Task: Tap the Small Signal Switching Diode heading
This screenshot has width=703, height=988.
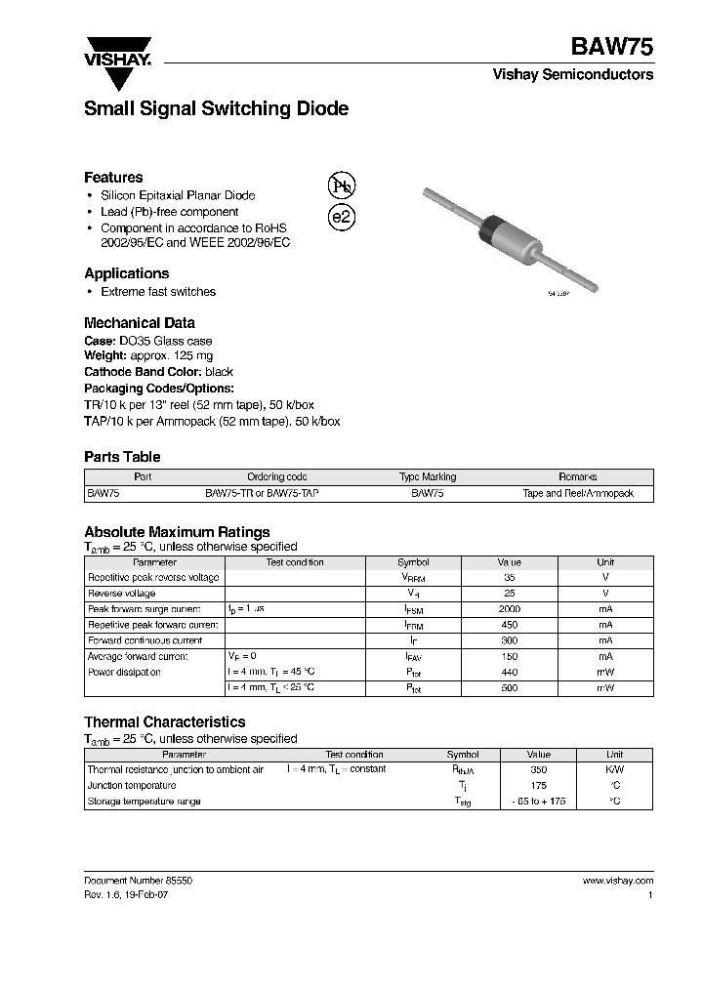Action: tap(216, 109)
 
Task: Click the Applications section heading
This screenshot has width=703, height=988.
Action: tap(126, 273)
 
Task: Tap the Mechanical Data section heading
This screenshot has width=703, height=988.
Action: tap(140, 322)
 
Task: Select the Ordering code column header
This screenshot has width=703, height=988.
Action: tap(277, 477)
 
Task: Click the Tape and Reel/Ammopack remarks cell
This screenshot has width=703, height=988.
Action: tap(578, 494)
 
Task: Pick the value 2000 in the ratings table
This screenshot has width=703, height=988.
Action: tap(509, 609)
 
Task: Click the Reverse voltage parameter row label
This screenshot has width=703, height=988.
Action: tap(122, 594)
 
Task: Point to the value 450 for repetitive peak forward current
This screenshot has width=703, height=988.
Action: tap(509, 625)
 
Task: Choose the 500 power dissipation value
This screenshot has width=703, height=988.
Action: tap(509, 688)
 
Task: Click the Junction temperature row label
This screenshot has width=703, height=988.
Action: tap(132, 785)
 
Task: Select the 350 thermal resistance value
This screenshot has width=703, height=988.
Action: tap(538, 769)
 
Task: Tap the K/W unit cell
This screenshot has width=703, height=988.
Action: tap(615, 769)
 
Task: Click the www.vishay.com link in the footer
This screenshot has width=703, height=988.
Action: tap(617, 881)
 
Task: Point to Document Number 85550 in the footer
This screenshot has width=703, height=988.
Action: tap(139, 881)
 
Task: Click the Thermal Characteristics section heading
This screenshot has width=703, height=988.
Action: tap(164, 722)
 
